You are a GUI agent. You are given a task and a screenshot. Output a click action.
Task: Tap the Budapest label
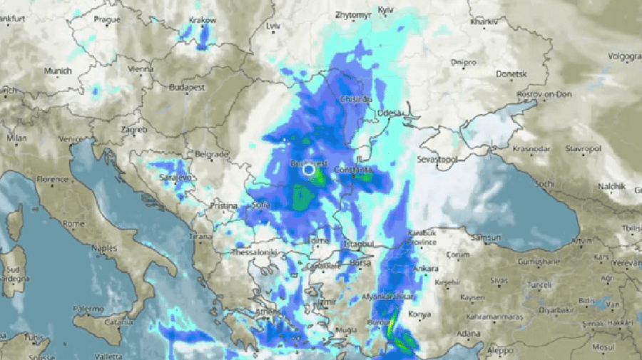(187, 88)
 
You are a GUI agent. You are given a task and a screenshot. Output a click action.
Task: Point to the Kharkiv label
(483, 22)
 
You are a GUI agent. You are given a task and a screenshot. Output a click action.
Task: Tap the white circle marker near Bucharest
(308, 170)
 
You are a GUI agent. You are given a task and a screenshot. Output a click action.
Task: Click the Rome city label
(73, 224)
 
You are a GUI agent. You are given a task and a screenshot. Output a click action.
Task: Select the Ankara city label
(425, 269)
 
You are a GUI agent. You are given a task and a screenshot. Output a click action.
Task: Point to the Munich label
(58, 71)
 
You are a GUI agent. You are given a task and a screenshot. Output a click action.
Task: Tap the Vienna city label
(140, 69)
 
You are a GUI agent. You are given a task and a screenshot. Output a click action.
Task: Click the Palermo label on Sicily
(89, 309)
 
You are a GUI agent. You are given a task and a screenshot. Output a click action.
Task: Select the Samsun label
(489, 237)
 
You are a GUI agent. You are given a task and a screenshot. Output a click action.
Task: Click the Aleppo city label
(500, 351)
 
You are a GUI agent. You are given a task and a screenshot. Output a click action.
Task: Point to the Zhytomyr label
(350, 14)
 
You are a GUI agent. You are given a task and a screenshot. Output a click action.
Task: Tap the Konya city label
(419, 314)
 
